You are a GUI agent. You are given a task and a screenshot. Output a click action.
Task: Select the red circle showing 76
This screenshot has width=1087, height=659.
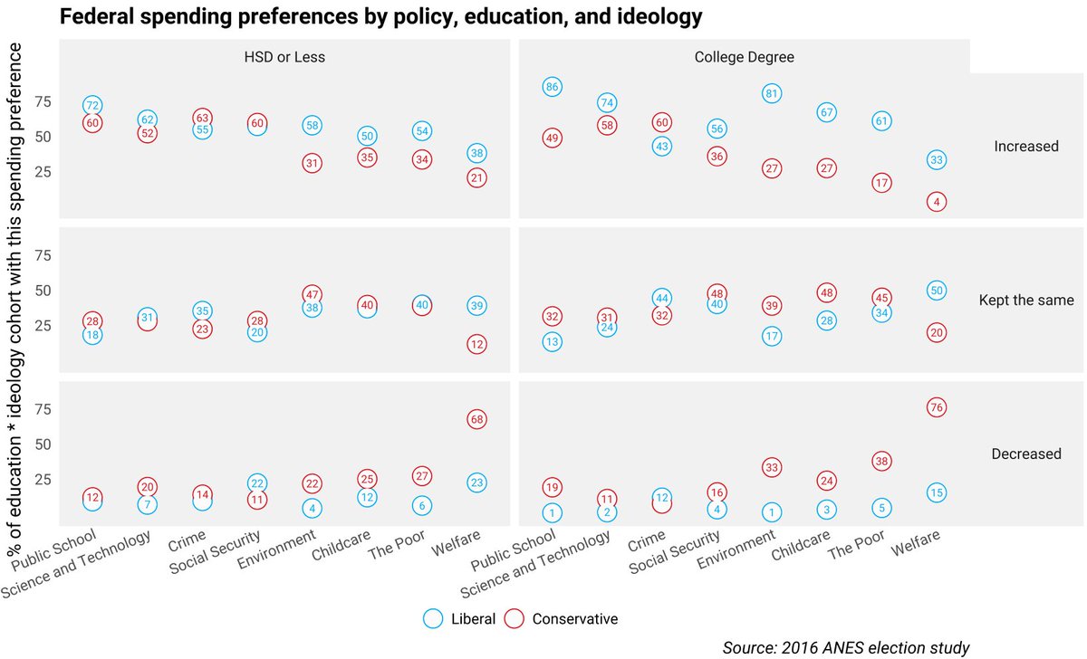point(937,407)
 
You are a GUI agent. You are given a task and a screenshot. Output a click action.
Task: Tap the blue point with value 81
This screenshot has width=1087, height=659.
point(772,93)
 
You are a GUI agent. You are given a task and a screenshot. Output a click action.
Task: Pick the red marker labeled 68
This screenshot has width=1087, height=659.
point(476,419)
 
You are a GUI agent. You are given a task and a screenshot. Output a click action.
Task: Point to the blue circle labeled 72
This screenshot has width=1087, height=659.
point(92,106)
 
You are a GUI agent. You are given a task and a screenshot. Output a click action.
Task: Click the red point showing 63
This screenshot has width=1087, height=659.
point(203,118)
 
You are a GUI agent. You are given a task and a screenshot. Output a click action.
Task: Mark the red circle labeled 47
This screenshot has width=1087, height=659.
point(312,294)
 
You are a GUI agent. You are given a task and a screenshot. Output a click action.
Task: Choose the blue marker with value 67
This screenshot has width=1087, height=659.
point(826,112)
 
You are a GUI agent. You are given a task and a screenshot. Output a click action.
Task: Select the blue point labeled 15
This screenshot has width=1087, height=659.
point(937,492)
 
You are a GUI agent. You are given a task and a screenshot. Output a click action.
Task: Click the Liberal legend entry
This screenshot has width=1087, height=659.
point(461,619)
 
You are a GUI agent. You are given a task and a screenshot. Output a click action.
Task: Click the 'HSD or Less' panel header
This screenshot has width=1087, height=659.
point(284,57)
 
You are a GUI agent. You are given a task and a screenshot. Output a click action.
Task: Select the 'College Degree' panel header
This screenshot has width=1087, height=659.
point(744,57)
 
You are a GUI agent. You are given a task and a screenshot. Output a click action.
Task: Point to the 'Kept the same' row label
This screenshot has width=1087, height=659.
point(1026,300)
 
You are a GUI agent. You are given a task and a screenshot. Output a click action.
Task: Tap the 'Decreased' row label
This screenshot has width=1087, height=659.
point(1026,454)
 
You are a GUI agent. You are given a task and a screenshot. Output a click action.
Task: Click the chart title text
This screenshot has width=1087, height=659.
point(380,16)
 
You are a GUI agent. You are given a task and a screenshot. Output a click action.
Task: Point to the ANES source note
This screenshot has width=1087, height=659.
point(846,646)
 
